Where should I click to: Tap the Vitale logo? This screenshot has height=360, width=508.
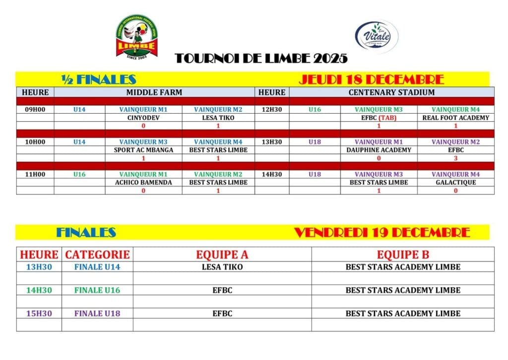377,36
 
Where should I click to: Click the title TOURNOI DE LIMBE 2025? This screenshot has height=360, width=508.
261,59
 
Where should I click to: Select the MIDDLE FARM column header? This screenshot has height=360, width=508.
154,92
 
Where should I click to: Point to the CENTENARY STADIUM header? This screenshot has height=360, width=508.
391,92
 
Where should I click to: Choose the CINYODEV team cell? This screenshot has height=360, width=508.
143,118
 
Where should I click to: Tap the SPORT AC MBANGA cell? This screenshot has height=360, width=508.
143,150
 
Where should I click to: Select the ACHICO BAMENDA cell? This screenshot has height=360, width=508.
143,182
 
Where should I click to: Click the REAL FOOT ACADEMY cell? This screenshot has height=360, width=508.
455,118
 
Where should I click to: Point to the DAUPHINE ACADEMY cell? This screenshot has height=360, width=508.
379,150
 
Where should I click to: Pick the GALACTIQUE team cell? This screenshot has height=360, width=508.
455,182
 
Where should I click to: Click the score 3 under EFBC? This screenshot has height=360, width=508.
455,158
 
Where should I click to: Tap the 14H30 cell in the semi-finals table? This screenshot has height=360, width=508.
272,174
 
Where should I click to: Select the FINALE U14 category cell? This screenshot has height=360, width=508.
97,267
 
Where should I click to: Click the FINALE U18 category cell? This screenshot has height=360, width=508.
97,314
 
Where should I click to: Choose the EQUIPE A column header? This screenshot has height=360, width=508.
222,255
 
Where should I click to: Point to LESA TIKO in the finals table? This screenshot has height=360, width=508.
222,267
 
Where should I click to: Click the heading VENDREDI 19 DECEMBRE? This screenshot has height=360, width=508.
382,232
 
